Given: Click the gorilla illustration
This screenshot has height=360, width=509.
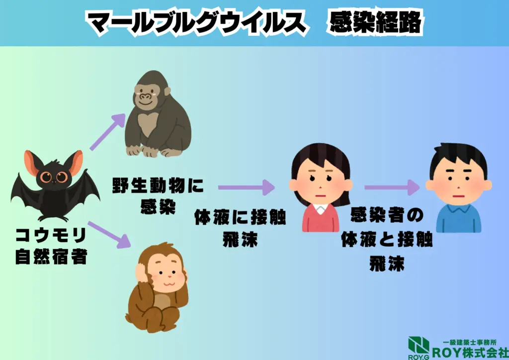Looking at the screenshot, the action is (156, 114).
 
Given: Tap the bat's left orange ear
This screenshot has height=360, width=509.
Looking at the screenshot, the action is (35, 166).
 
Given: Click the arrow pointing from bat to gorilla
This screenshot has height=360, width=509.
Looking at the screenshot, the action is (107, 131).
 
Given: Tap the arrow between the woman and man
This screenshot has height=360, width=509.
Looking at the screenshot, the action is (392, 187).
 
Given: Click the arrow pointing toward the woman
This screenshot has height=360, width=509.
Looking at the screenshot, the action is (246, 187).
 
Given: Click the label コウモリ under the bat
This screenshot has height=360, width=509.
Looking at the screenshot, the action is (52, 235).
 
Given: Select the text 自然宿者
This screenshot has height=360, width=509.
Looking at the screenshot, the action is (52, 258).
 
